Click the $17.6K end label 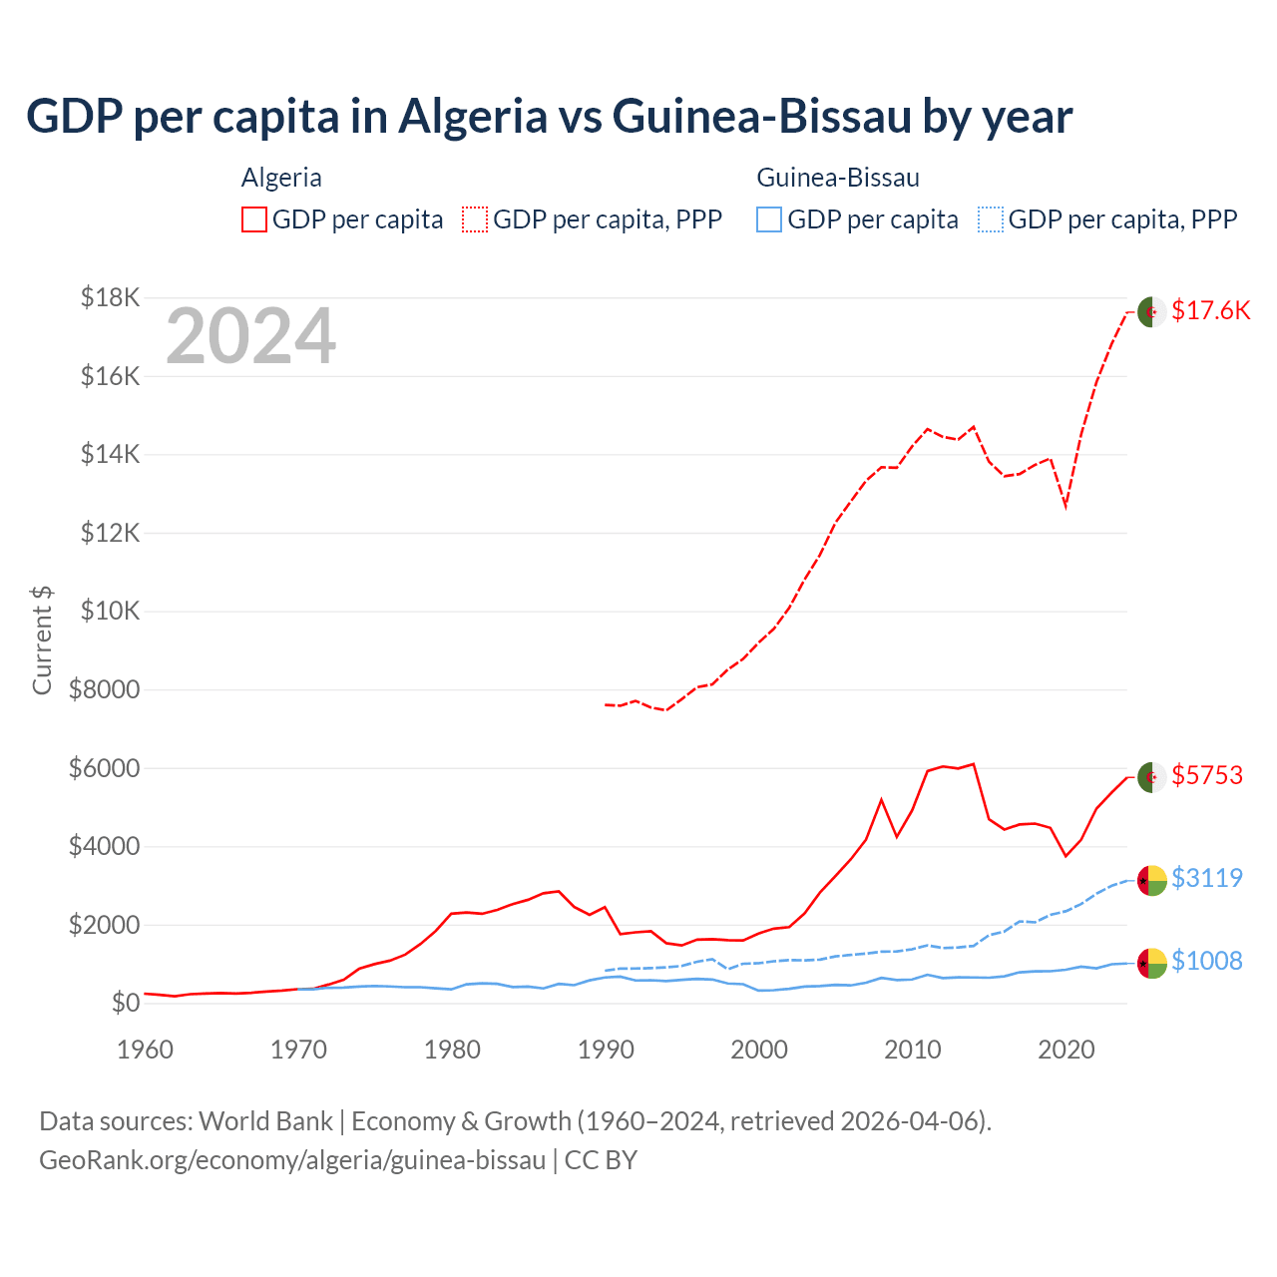(x=1210, y=310)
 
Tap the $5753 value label (x=1207, y=775)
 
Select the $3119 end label (x=1207, y=878)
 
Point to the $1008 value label (x=1207, y=961)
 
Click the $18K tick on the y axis (x=111, y=297)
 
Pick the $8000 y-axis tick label (x=105, y=689)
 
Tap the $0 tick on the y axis (x=125, y=1003)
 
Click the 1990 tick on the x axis (x=606, y=1050)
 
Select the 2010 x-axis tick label (x=913, y=1050)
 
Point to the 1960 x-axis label (x=146, y=1050)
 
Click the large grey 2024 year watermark (x=250, y=336)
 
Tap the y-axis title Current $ (x=42, y=639)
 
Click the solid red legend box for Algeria (x=254, y=219)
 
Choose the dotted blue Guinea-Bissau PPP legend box (x=991, y=219)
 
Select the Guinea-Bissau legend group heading (x=838, y=178)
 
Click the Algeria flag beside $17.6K (x=1152, y=311)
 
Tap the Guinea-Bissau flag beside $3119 (x=1152, y=880)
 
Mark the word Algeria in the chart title (x=473, y=117)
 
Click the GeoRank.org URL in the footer (x=292, y=1160)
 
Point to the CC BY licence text (x=601, y=1160)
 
